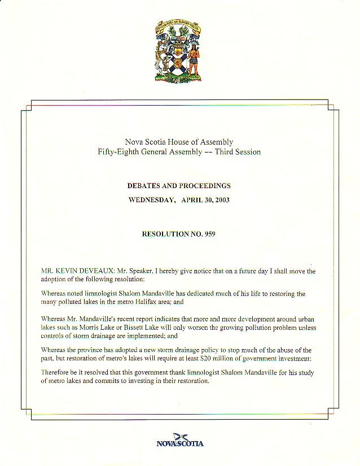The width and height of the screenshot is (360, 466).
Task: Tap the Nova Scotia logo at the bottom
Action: [179, 441]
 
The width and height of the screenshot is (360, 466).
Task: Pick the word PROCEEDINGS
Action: [204, 185]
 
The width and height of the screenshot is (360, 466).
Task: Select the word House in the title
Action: [179, 142]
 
